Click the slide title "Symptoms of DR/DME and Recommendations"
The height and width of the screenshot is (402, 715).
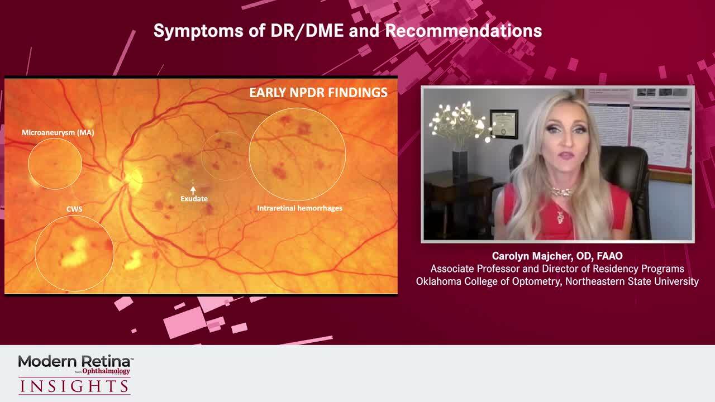347,31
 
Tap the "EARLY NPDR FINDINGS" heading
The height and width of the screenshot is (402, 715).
318,93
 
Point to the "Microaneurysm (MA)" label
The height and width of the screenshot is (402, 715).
58,132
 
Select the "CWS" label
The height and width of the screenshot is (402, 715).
74,209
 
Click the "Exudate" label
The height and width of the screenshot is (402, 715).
194,199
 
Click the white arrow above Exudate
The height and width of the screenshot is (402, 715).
193,190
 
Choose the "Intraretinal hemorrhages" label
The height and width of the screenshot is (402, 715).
299,208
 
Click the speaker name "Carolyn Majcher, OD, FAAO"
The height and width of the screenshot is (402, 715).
557,256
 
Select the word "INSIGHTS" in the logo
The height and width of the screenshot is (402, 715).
74,386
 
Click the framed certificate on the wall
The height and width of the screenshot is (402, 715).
504,123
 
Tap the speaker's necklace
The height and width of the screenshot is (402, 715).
562,192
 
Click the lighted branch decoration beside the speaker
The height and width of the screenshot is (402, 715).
459,120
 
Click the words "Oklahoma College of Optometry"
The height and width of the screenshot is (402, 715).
489,281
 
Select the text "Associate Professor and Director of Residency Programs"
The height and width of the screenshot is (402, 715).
557,269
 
